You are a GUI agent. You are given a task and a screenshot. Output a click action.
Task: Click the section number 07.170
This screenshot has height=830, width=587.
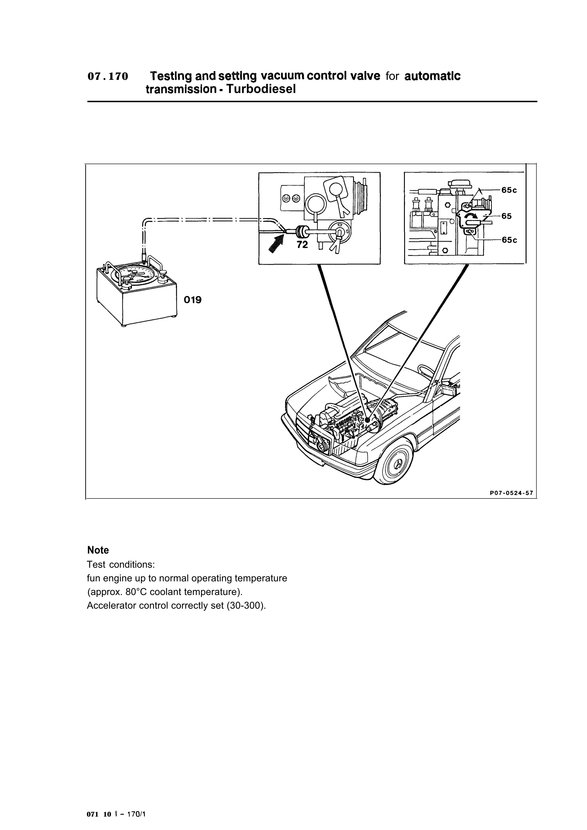tap(108, 77)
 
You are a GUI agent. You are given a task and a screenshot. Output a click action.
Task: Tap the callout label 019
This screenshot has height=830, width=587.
tap(192, 300)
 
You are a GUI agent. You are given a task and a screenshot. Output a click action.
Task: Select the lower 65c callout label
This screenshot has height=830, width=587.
tap(509, 240)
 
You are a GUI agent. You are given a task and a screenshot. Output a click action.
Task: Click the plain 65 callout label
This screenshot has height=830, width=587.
tap(506, 216)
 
